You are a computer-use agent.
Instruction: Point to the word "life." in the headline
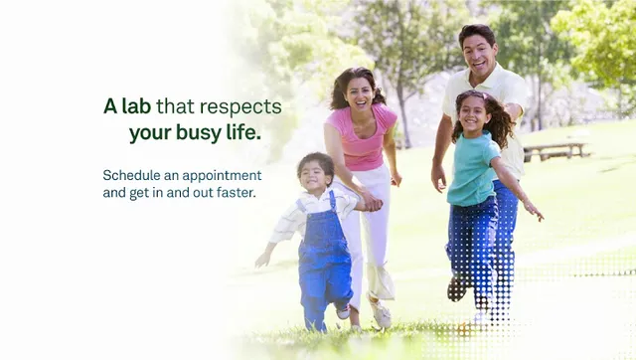click(241, 131)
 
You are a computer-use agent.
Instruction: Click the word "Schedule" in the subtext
click(131, 175)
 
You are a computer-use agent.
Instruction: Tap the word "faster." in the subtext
click(235, 192)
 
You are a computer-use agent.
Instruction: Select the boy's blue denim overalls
click(324, 257)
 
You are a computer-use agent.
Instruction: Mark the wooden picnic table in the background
click(554, 149)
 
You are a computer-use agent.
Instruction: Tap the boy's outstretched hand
click(263, 258)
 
